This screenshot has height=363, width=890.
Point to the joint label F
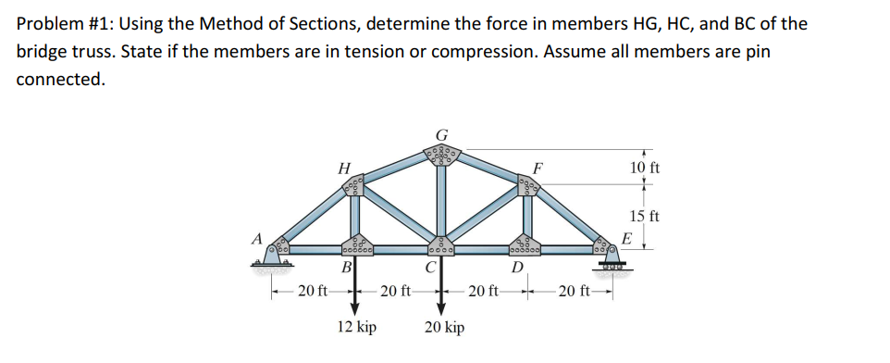click(x=538, y=169)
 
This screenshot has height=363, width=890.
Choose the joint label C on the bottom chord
click(x=432, y=269)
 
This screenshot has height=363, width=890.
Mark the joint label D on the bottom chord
click(x=519, y=269)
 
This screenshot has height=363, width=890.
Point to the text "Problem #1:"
click(x=65, y=23)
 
